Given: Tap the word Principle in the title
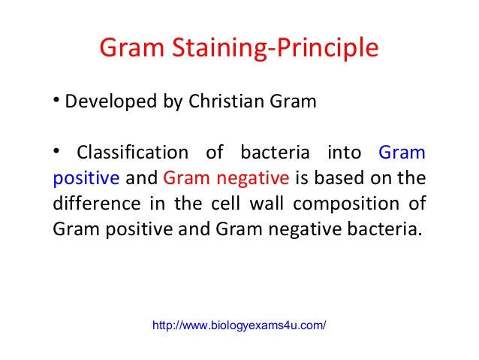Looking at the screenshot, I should [x=325, y=50].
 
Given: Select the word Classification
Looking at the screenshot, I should [x=133, y=153].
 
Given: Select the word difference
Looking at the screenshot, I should [x=94, y=204].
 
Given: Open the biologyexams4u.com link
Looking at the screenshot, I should [x=239, y=325].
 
